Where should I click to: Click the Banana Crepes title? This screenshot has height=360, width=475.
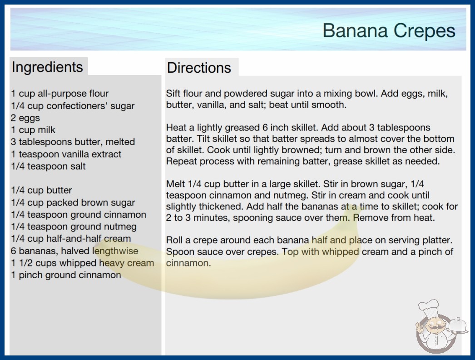click(x=389, y=31)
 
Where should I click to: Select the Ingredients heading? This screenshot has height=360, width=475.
click(x=47, y=67)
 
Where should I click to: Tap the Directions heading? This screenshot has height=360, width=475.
click(x=199, y=68)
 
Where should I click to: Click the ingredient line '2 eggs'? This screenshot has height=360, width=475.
click(x=25, y=118)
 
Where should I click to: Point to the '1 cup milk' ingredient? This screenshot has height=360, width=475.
click(x=33, y=130)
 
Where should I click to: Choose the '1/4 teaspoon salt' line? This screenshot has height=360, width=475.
click(x=48, y=166)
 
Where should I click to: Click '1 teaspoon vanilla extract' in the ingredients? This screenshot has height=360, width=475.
click(x=66, y=154)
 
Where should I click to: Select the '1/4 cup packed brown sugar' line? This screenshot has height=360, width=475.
click(x=73, y=202)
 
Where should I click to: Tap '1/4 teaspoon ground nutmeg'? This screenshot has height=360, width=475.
click(x=74, y=226)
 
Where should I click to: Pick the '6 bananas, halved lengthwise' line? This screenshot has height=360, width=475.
click(x=74, y=251)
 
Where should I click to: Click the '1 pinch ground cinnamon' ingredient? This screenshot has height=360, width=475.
click(x=66, y=275)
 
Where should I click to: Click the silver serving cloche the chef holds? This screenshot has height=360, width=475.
click(x=458, y=325)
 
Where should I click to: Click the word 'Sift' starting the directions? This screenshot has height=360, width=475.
click(x=173, y=94)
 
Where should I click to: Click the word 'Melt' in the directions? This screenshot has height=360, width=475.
click(x=176, y=184)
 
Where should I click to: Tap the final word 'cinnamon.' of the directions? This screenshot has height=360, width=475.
click(x=188, y=263)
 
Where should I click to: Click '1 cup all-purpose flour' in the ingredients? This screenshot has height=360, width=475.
click(x=59, y=94)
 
